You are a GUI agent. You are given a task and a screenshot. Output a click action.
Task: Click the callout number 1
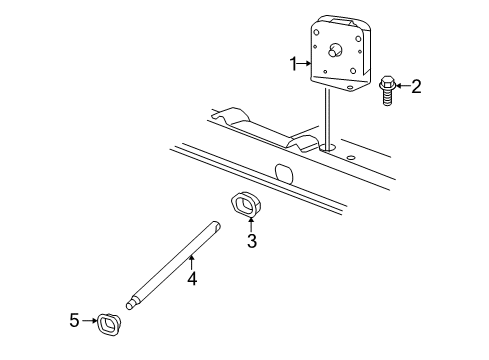(294, 65)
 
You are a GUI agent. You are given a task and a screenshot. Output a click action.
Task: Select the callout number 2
(416, 86)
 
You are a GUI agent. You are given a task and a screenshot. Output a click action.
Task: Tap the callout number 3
(252, 241)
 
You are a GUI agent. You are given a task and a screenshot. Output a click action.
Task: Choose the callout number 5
(74, 321)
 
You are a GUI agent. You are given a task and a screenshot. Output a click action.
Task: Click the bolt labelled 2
(386, 89)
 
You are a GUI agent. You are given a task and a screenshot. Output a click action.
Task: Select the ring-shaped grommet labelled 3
(243, 205)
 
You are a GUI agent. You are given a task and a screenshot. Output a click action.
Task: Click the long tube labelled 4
(175, 259)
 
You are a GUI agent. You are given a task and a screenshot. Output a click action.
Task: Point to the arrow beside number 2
(402, 86)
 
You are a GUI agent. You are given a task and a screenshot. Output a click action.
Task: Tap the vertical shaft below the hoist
(327, 118)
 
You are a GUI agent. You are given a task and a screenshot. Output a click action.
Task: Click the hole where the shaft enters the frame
(328, 148)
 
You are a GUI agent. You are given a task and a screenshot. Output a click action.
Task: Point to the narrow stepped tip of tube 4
(131, 300)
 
